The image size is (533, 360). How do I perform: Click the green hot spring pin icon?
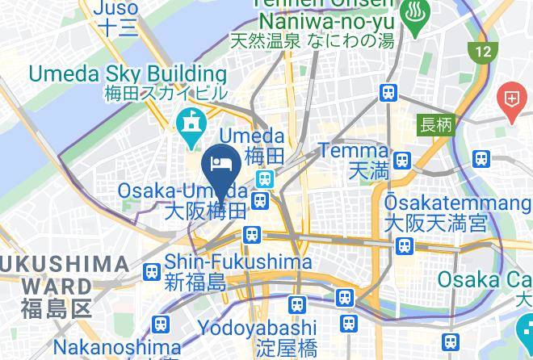pos(416,25)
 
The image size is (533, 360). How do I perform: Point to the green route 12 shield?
pos(482,52)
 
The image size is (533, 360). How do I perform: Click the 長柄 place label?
pos(436,125)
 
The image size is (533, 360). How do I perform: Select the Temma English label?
pos(354,151)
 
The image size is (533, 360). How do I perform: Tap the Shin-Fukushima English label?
pos(238,262)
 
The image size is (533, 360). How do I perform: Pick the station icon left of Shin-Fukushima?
pos(151,273)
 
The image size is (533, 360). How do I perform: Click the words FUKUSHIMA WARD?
pos(65,274)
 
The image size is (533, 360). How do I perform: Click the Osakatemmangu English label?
pos(436,201)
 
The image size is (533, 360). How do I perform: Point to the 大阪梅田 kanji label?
pos(205,212)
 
